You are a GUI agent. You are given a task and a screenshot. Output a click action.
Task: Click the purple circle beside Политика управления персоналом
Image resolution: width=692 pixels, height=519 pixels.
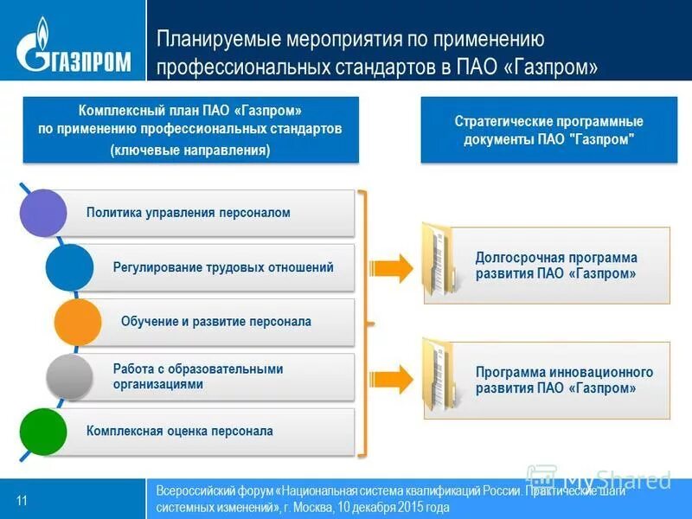pos(43,213)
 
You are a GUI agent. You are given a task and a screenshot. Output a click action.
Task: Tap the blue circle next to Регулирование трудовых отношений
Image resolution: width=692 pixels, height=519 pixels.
pos(69,267)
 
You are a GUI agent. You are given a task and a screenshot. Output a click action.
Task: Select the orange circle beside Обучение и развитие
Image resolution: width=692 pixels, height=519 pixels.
pos(78,322)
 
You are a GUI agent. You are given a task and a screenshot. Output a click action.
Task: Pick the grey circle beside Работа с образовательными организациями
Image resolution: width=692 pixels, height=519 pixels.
pos(69,376)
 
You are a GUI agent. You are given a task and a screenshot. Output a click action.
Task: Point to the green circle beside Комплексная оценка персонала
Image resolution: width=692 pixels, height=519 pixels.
pos(43,431)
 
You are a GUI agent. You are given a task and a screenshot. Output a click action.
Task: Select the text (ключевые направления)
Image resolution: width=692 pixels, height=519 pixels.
pos(190,150)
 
